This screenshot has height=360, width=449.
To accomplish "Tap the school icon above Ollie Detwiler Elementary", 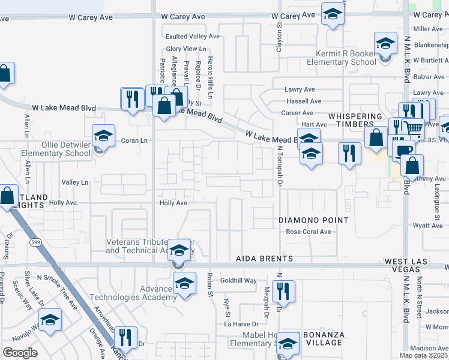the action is pyautogui.click(x=103, y=136).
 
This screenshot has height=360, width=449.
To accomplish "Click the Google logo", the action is pyautogui.click(x=20, y=352).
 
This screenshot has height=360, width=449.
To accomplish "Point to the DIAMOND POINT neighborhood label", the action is pyautogui.click(x=313, y=220).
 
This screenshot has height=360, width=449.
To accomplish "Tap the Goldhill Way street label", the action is pyautogui.click(x=238, y=280).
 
